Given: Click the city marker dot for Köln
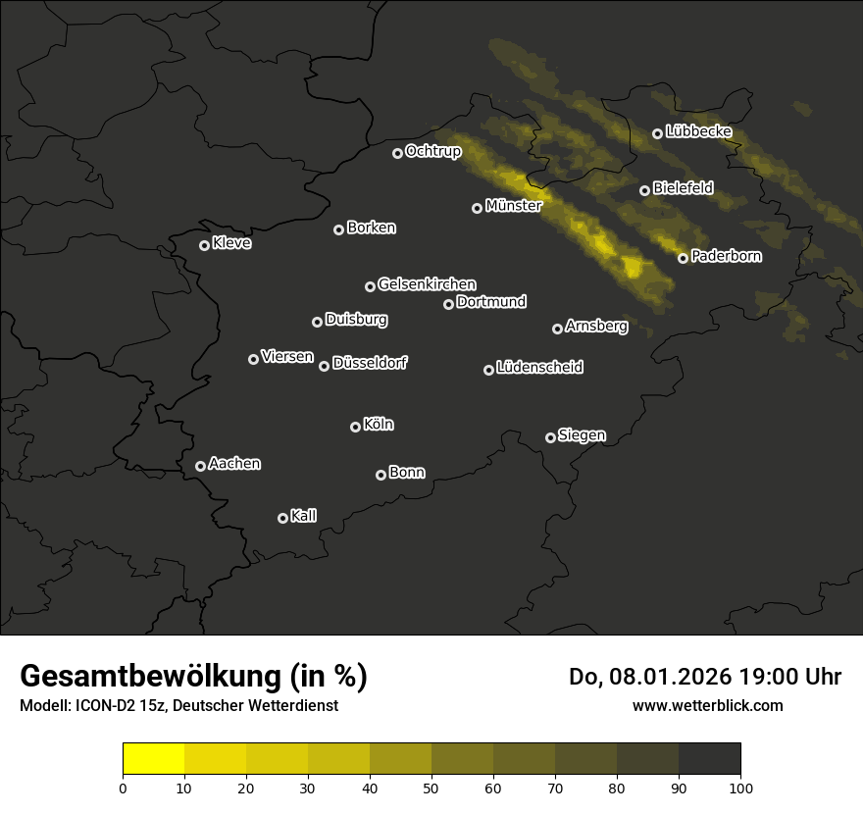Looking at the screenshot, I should [355, 427].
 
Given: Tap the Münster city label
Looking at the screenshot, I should [513, 206].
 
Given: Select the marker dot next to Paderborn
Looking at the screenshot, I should [683, 258].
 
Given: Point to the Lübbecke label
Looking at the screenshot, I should [698, 131].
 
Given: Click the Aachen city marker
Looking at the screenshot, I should [200, 466].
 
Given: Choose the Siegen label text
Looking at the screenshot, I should [582, 435].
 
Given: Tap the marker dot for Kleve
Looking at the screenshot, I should [204, 245].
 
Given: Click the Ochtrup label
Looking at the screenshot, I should [432, 151].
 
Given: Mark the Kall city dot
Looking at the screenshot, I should [282, 518].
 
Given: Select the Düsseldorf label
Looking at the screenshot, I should [370, 363].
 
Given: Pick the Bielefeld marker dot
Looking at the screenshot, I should [644, 190].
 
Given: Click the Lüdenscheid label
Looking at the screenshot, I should [539, 368].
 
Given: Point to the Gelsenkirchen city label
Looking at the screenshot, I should [427, 284].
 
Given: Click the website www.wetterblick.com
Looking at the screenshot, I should [707, 705].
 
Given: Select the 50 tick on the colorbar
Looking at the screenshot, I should [431, 788].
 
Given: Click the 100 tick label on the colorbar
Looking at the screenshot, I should [740, 788].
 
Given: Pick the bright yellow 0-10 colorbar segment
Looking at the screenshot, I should [153, 758].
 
